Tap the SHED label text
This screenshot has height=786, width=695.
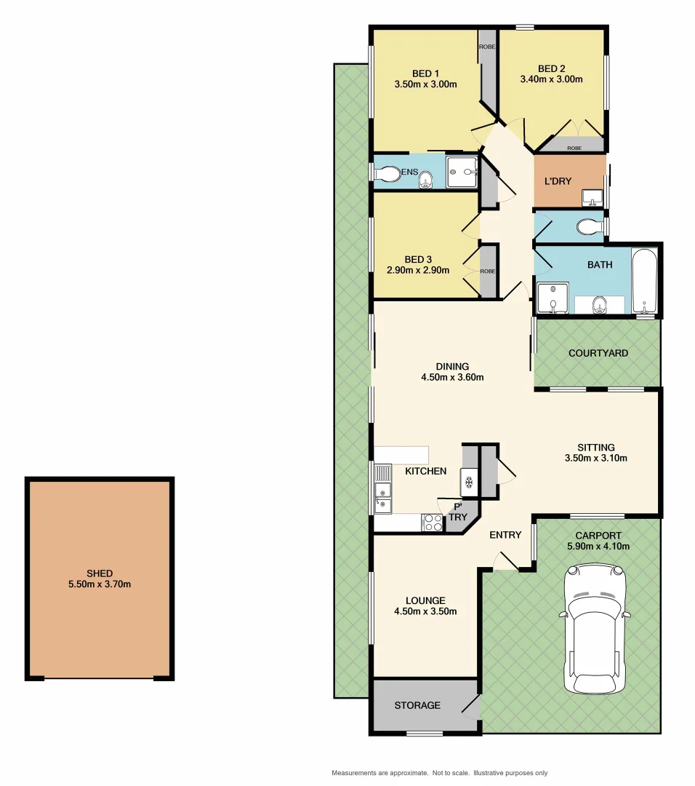[100, 573]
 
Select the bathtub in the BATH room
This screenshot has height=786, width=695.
[644, 280]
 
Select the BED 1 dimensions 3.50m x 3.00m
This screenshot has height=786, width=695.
[425, 84]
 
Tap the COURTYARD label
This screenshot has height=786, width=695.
[598, 354]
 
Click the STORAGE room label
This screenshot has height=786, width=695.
[417, 705]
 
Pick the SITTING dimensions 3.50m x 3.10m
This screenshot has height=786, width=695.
[595, 458]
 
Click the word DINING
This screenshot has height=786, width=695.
[452, 366]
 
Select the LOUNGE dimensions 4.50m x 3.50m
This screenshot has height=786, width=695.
[425, 611]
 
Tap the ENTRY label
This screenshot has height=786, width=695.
[505, 535]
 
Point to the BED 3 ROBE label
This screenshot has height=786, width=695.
[487, 271]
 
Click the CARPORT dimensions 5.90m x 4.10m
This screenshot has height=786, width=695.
[598, 546]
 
